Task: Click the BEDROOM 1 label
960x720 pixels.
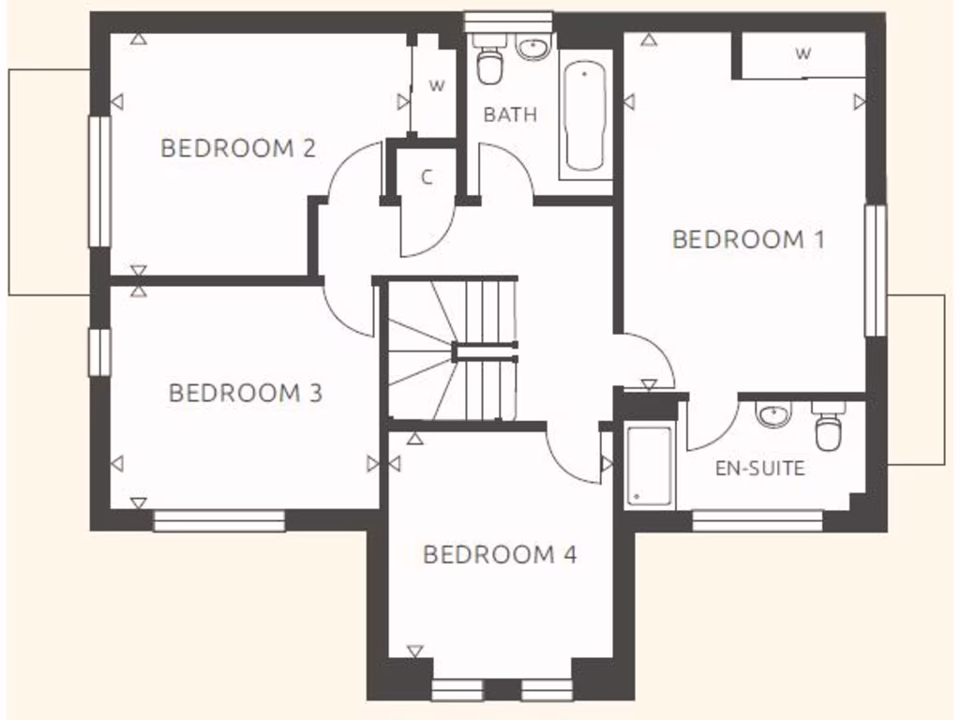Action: tap(748, 239)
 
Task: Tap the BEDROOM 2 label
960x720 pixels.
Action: tap(237, 148)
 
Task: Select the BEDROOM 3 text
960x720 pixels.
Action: tap(245, 392)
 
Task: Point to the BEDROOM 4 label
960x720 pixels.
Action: tap(499, 554)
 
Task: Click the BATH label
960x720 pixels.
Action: tap(510, 114)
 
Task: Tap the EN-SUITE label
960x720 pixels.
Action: tap(759, 468)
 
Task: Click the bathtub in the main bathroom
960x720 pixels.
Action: tap(585, 115)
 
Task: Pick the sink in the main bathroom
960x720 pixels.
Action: tap(532, 47)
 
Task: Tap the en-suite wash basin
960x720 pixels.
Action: tap(774, 413)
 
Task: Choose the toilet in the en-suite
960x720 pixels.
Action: tap(828, 428)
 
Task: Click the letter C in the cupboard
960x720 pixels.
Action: tap(427, 178)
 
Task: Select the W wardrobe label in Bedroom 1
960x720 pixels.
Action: tap(802, 54)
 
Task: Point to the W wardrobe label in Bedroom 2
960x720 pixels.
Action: tap(436, 85)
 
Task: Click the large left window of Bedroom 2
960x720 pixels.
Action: tap(99, 182)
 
